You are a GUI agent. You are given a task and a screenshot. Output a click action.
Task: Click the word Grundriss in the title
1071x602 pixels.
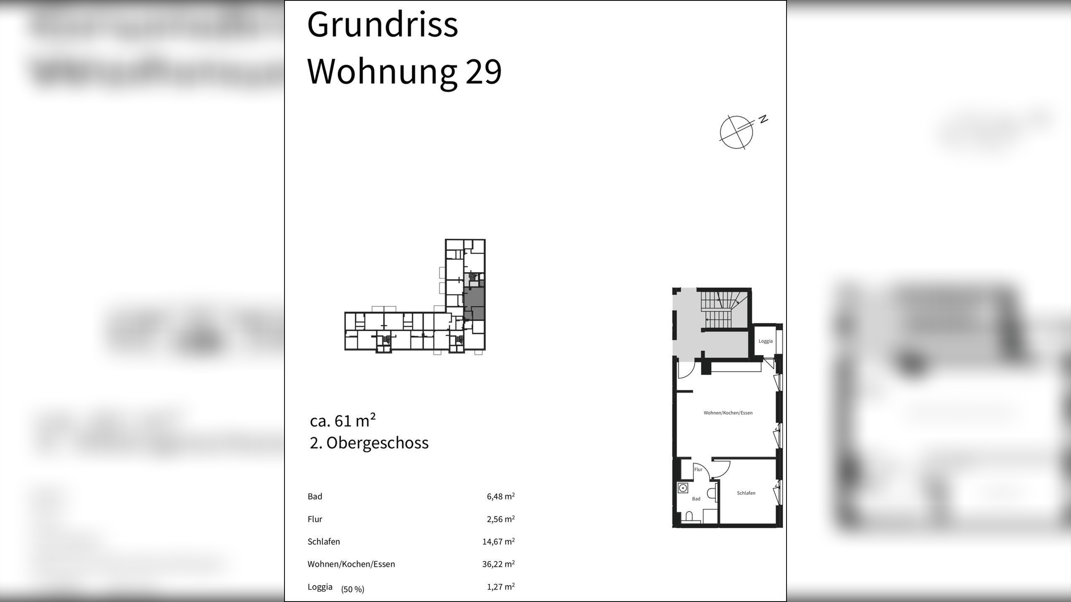coord(382,25)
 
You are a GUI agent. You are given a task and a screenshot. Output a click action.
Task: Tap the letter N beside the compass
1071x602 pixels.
coord(764,119)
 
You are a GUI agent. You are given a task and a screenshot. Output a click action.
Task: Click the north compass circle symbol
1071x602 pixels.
coord(736,132)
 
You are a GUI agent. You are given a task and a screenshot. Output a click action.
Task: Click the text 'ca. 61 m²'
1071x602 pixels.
coord(343,421)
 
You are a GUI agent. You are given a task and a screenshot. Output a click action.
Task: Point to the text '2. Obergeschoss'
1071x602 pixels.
coord(369,443)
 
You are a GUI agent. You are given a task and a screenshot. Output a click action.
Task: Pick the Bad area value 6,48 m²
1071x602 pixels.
coord(500,496)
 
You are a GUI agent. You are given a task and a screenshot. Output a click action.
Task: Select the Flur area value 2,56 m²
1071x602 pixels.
coord(500,519)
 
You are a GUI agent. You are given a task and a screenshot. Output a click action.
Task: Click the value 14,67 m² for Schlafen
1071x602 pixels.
coord(498,541)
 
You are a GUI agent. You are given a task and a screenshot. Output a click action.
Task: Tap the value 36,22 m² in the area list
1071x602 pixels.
coord(498,564)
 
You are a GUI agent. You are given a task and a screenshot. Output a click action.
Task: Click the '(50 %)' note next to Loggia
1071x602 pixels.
coord(353,589)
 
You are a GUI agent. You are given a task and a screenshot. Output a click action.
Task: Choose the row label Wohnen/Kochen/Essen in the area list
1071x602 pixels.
coord(351,564)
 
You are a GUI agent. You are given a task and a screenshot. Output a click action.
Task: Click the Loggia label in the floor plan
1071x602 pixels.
coord(766,341)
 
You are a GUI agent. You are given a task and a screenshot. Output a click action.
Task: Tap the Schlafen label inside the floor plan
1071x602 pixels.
coord(746,493)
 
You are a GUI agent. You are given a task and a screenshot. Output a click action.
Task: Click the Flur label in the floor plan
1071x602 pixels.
coord(698,469)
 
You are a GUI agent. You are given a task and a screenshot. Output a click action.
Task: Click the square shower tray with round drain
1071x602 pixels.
coord(683,488)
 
